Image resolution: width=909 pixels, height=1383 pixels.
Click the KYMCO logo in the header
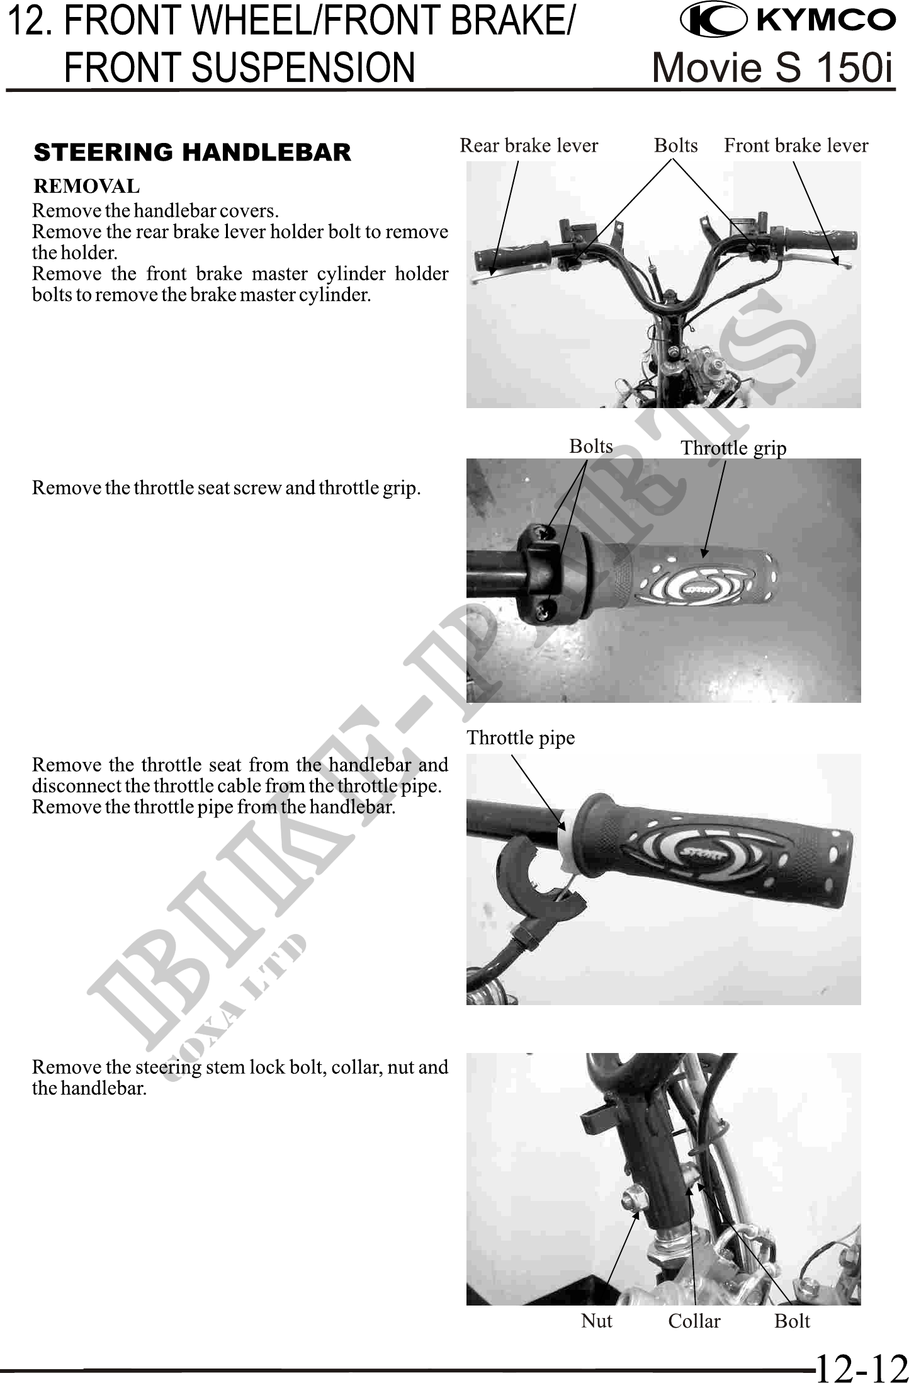point(788,20)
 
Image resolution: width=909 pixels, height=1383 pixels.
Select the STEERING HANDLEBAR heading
point(193,152)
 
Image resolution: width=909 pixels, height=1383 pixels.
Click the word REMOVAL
point(87,186)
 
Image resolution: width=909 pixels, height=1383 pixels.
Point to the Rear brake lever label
point(529,145)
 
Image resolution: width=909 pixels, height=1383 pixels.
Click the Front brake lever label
point(796,145)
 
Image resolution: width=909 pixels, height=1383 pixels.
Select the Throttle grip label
point(733,448)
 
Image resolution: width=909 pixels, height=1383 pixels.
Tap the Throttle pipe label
point(521,737)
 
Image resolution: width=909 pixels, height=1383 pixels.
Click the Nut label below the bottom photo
point(596,1321)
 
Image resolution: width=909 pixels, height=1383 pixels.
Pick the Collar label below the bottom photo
point(694,1321)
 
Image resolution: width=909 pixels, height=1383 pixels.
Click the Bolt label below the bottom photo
point(792,1321)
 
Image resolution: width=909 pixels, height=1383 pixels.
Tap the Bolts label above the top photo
point(675,145)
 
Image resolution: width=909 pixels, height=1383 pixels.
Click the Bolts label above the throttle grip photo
point(590,446)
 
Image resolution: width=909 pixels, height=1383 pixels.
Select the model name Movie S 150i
point(773,67)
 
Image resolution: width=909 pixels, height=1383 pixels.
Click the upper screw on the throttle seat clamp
point(546,532)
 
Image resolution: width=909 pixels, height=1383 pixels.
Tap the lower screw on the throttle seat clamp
point(545,607)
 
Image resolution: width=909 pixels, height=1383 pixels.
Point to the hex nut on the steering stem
point(631,1202)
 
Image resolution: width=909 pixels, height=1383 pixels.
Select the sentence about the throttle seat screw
point(227,488)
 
